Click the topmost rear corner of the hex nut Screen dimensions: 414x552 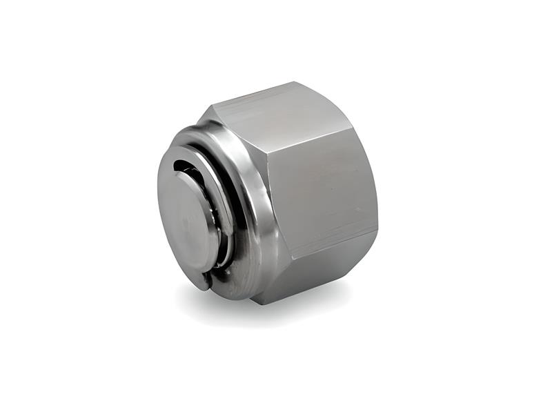(x=297, y=82)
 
